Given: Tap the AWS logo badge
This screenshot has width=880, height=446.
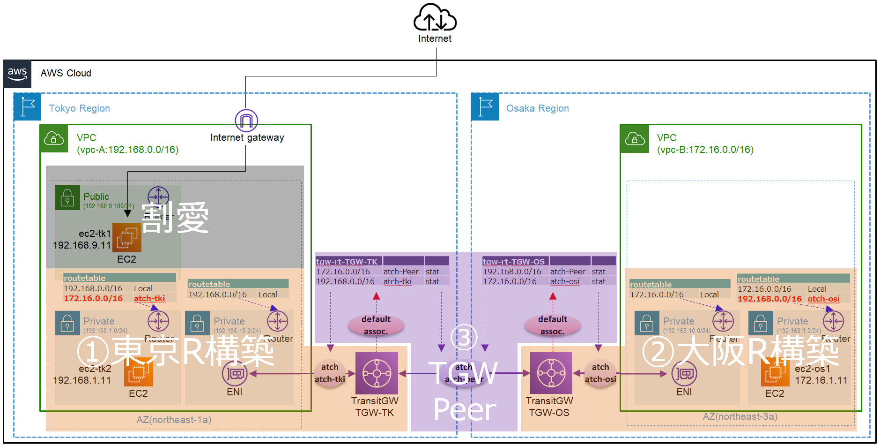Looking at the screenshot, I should click(17, 74).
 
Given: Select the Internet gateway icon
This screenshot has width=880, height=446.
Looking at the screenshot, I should click(246, 121).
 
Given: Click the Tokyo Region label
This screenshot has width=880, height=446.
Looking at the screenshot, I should click(80, 108).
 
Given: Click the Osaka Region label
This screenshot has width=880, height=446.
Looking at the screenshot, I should click(537, 108).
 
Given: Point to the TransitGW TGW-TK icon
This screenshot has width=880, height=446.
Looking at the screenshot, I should click(377, 373).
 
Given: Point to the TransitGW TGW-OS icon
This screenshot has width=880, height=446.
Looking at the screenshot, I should click(551, 373).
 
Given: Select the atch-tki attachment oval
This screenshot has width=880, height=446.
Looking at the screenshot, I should click(330, 373).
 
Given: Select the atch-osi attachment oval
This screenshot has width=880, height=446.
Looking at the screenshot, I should click(600, 373).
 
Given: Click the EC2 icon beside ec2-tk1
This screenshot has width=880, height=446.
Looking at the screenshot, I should click(127, 237).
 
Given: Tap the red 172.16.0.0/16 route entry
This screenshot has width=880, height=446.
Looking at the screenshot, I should click(93, 298).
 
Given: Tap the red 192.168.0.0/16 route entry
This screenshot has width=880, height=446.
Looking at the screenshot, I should click(769, 299).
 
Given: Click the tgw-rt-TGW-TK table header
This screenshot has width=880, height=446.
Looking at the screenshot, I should click(347, 262).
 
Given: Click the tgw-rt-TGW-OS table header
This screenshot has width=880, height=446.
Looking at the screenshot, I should click(513, 262).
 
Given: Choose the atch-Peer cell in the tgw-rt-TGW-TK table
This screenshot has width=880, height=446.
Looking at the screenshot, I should click(401, 272).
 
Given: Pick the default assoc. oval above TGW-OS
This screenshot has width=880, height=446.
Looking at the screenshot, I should click(553, 325).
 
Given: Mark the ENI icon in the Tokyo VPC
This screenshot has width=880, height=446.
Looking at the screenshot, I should click(235, 373).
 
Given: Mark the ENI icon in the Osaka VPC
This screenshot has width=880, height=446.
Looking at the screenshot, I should click(684, 373).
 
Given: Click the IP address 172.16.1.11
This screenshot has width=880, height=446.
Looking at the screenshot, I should click(821, 380).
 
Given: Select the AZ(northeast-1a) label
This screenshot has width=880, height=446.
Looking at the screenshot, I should click(174, 420).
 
